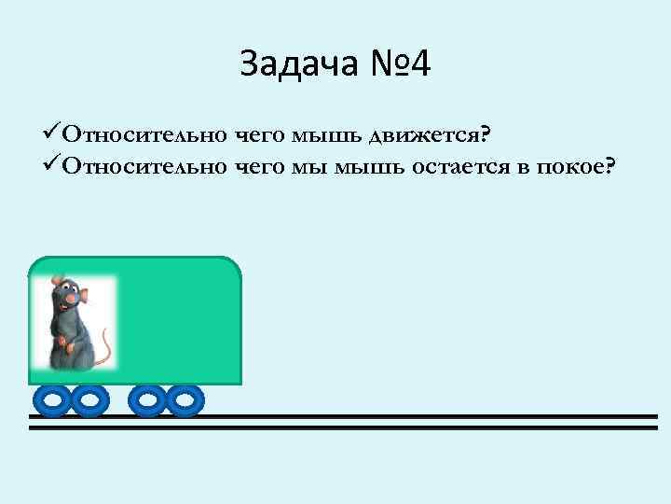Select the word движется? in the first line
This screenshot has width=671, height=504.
click(429, 136)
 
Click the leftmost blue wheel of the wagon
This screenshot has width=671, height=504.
click(52, 400)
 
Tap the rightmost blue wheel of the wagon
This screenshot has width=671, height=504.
click(185, 400)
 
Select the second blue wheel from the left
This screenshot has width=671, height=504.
click(89, 400)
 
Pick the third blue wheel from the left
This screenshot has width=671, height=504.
click(147, 400)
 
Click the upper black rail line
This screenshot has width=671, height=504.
click(373, 416)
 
